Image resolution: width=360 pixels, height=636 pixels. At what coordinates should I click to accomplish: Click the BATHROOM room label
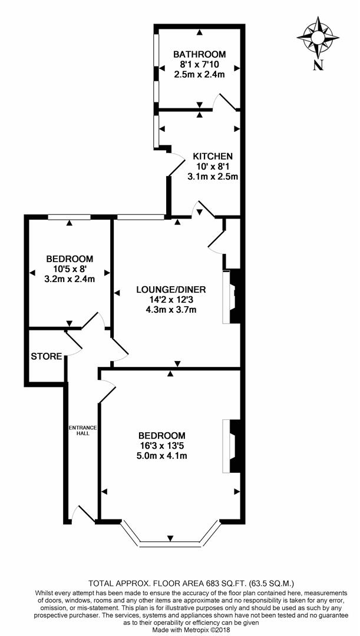click(x=199, y=54)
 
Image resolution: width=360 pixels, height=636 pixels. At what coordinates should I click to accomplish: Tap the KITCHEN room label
click(x=213, y=156)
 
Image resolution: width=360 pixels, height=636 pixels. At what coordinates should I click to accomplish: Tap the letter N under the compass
click(x=318, y=65)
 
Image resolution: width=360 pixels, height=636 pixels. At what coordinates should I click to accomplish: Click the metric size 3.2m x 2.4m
click(x=70, y=279)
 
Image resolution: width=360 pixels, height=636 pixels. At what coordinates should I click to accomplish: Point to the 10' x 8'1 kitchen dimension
click(x=213, y=166)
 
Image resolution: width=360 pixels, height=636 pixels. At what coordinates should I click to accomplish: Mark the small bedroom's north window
click(x=70, y=217)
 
